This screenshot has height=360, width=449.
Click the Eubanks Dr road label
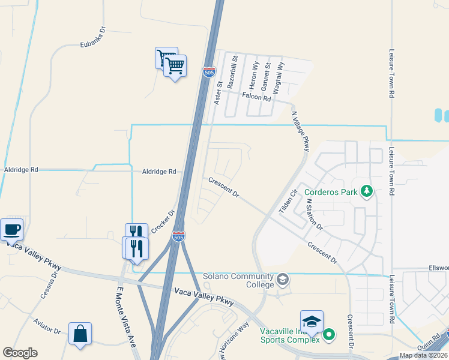click(93, 45)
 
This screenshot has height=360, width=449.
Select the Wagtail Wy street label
click(279, 76)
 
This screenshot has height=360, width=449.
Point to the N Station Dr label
click(315, 215)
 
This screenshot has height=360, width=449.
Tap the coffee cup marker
click(12, 229)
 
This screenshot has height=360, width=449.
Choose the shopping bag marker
click(80, 333)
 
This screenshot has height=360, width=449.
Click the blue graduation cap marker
click(312, 321)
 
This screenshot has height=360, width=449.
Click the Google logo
click(20, 353)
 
